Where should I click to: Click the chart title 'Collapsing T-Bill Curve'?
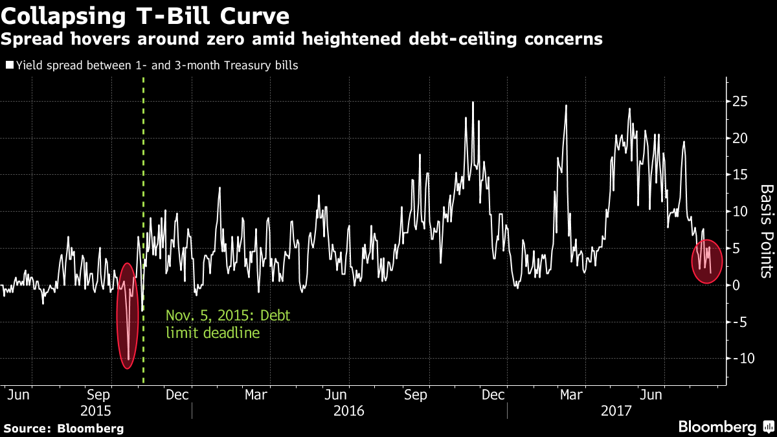click(146, 14)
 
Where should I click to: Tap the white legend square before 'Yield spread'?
click(10, 65)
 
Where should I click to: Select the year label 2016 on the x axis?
click(349, 410)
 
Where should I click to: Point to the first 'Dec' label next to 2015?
click(177, 394)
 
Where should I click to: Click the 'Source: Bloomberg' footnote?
click(63, 428)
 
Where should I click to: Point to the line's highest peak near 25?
click(473, 102)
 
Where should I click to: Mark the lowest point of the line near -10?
click(129, 359)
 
